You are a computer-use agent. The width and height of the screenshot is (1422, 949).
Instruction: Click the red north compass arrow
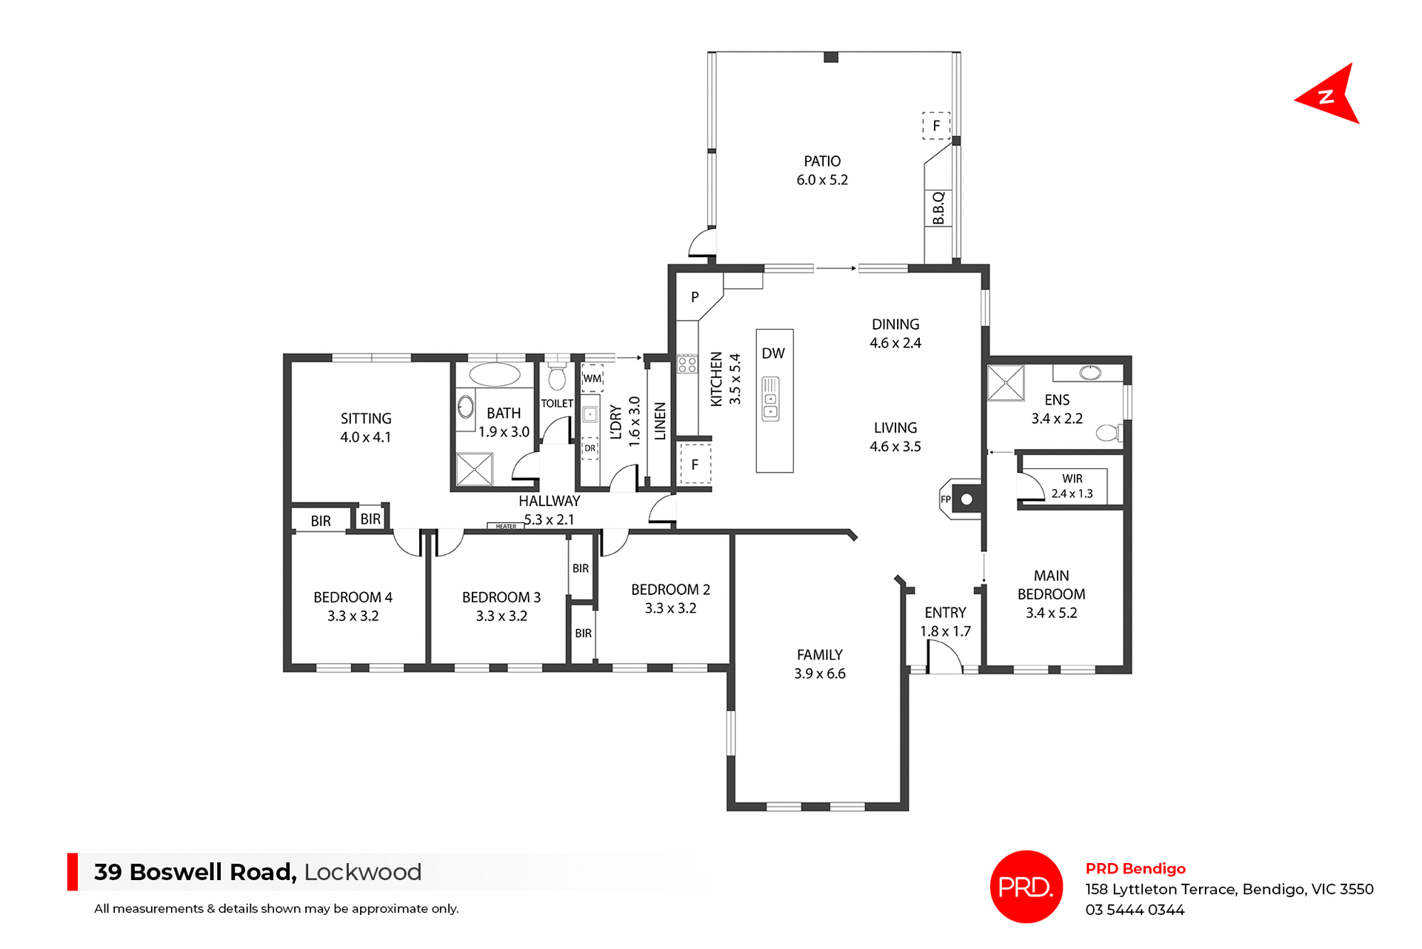[x=1329, y=96]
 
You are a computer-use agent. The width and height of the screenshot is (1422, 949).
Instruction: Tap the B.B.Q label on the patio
[x=938, y=208]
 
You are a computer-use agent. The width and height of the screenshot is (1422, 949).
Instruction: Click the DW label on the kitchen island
[x=773, y=353]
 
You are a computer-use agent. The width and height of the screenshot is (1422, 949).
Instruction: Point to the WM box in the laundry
[x=592, y=379]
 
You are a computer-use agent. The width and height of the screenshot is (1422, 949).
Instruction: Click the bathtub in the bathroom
[x=495, y=374]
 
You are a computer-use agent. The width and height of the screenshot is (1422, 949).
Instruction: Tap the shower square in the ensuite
[x=1006, y=383]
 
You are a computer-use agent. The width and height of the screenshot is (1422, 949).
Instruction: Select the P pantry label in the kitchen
[x=695, y=297]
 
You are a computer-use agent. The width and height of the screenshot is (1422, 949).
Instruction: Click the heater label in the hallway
[x=506, y=526]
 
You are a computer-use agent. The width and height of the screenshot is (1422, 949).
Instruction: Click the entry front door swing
[x=944, y=657]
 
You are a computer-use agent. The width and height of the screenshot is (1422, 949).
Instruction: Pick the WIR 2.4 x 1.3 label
[x=1072, y=486]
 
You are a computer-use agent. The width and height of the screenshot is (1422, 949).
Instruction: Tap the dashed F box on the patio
[x=936, y=125]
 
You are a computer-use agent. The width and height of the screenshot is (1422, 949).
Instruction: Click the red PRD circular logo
[x=1026, y=886]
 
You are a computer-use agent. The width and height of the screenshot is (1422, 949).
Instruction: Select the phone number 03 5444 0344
[x=1135, y=910]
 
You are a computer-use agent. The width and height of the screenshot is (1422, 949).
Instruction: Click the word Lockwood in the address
[x=362, y=872]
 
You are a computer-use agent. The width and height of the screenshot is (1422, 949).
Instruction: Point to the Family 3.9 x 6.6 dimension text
[x=819, y=673]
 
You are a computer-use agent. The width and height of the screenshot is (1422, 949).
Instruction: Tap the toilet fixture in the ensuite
[x=1109, y=433]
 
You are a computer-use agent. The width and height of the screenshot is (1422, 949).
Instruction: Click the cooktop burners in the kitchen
[x=687, y=364]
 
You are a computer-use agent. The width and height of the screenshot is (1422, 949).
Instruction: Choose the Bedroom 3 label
[x=501, y=597]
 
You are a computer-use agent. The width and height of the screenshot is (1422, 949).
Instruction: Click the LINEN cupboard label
[x=660, y=421]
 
